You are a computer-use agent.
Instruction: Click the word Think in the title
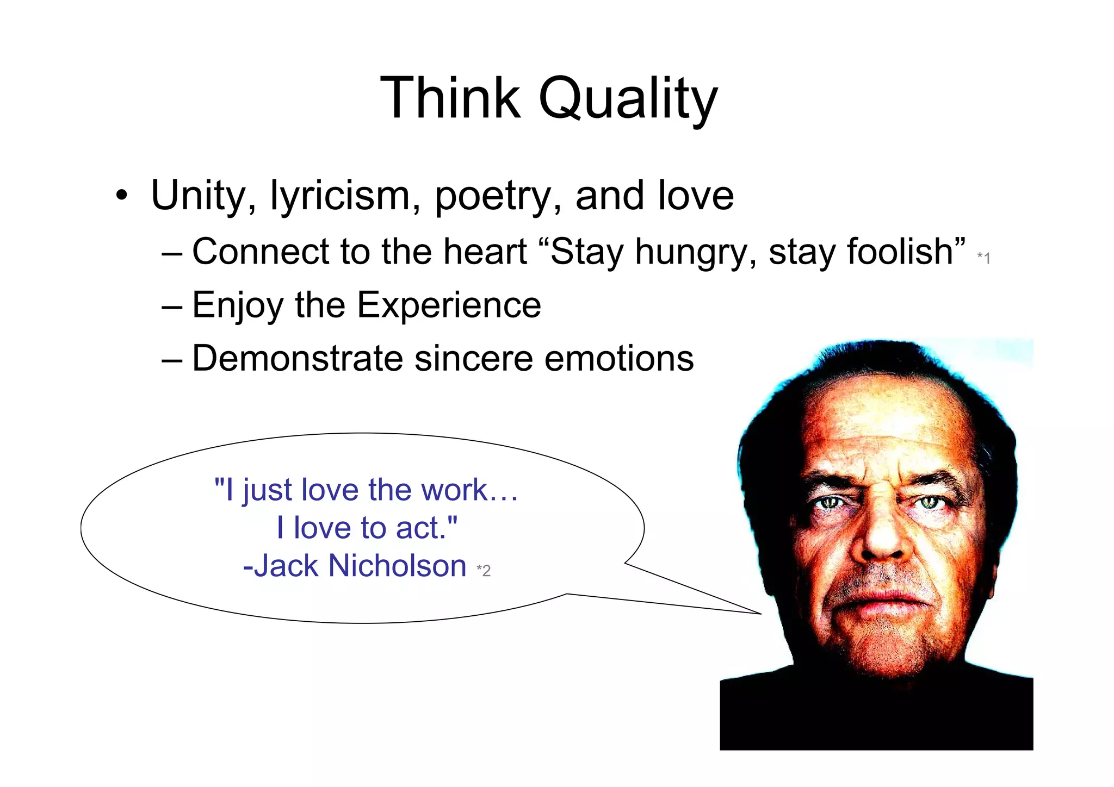tap(450, 98)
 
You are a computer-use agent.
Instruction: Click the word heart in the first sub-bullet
tap(485, 252)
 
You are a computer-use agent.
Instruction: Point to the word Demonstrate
tap(297, 359)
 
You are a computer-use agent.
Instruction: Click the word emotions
tap(619, 359)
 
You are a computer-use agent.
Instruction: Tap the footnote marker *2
tap(484, 571)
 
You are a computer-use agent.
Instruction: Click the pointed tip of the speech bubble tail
tap(760, 614)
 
